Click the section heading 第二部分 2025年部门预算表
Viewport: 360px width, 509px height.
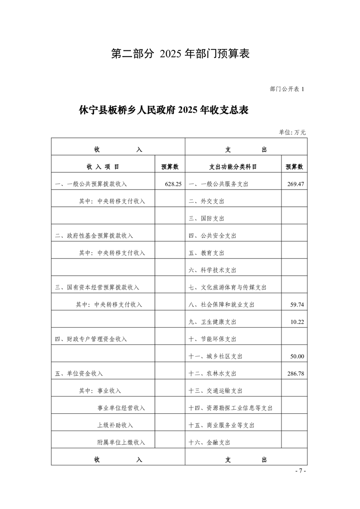(181, 54)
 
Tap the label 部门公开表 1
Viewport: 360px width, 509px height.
(287, 89)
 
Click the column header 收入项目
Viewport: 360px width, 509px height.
(103, 167)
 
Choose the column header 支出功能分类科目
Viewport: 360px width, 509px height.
(233, 167)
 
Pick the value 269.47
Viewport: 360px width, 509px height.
(296, 184)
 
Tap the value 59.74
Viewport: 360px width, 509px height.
(297, 304)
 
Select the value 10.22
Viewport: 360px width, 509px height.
(297, 322)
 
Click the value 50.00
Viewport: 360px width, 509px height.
(297, 357)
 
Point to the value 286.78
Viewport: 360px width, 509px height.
(296, 374)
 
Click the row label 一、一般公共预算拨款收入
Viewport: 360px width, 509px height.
(91, 184)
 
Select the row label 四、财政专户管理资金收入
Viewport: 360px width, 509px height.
(91, 339)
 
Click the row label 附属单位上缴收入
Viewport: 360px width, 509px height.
(121, 442)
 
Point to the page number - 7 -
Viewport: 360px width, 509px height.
(301, 471)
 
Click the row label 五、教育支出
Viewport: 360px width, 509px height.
(207, 253)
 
